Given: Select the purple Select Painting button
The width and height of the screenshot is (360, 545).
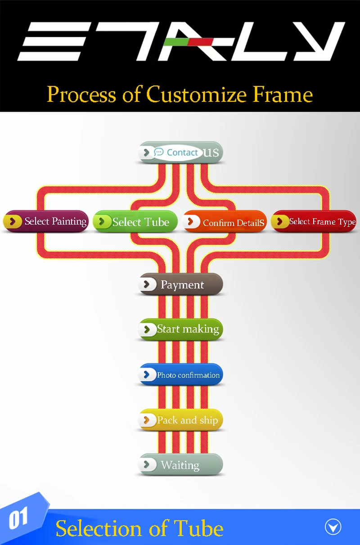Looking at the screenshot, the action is point(45,221).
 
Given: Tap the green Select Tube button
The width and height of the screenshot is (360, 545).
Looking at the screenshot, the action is point(135,221).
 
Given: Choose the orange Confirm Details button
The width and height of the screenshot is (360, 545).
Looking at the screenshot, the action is point(225,222).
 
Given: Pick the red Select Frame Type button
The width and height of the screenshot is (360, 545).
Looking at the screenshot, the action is point(314,221).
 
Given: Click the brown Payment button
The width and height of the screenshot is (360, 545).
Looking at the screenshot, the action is point(181,284).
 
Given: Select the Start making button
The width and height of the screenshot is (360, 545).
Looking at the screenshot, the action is point(181,329).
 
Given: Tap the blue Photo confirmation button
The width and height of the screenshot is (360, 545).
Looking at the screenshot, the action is point(181,374).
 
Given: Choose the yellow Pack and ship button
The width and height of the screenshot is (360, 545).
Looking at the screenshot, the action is point(181,420).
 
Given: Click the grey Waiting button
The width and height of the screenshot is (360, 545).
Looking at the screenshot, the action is point(181,465).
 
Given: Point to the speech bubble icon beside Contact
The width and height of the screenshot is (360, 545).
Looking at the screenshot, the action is point(159,152).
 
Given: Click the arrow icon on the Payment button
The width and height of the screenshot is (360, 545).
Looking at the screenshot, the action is point(146,284).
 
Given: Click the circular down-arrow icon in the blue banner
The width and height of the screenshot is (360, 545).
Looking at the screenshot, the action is point(333,527).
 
